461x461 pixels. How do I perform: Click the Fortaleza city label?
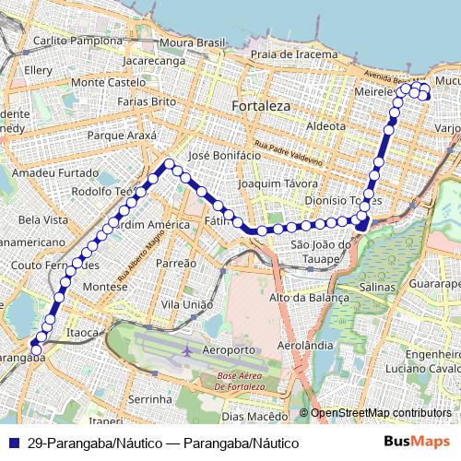tap(261, 106)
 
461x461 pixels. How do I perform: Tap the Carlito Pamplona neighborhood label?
tap(77, 41)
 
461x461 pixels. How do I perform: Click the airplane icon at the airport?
tap(188, 350)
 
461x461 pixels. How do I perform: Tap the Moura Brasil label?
tap(192, 42)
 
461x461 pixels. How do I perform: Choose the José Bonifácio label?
tap(224, 156)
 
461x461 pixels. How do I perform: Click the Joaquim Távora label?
tap(271, 183)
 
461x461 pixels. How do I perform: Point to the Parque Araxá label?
tap(122, 136)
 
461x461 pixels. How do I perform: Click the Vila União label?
tap(186, 304)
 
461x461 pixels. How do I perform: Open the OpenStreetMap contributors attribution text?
tap(380, 413)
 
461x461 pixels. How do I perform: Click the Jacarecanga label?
tap(153, 61)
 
